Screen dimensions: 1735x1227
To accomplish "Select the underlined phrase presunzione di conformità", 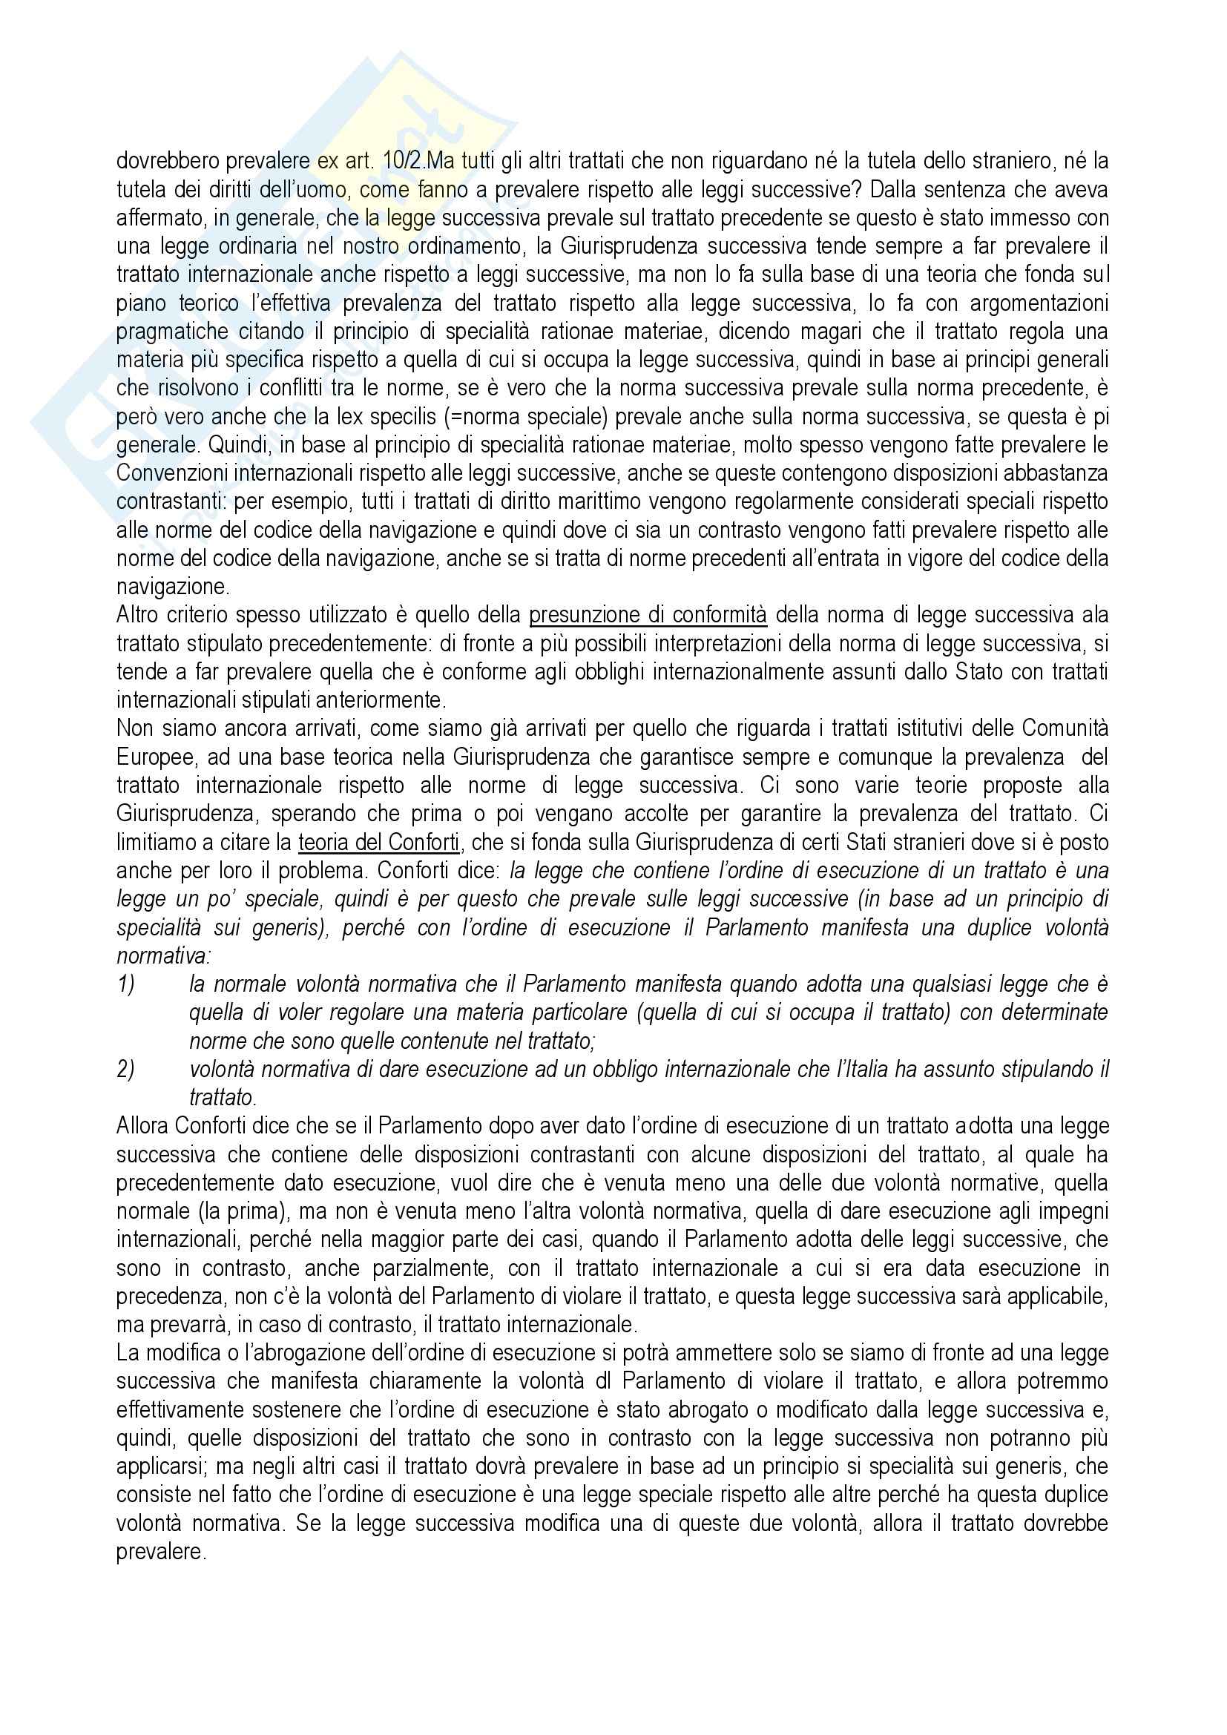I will click(x=648, y=615).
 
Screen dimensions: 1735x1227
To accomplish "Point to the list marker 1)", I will click(x=126, y=984).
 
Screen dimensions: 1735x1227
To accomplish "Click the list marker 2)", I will click(x=126, y=1070).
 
